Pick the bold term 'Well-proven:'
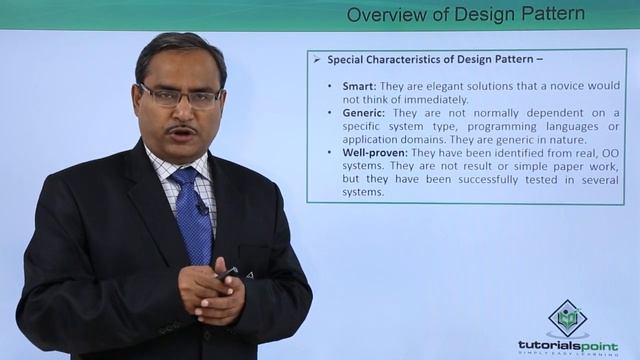coord(373,153)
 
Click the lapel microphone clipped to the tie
coord(201,207)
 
